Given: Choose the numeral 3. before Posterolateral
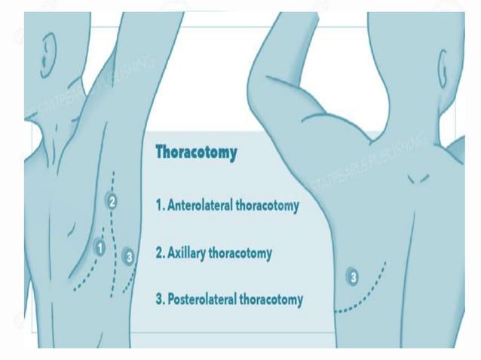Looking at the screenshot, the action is coord(160,300).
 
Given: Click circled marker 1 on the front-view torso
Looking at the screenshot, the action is coord(99,246).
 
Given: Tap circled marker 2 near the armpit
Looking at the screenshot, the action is coord(112,201).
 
